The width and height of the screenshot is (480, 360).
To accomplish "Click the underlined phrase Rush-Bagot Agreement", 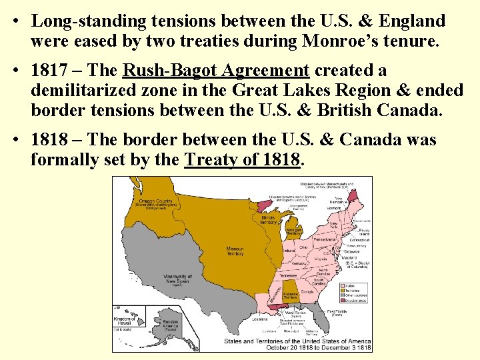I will click(216, 71).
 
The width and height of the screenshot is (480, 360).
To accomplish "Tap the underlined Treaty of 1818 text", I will click(243, 160).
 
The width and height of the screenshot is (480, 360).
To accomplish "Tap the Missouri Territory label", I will click(235, 251).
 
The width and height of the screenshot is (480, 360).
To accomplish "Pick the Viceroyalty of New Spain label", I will click(177, 278).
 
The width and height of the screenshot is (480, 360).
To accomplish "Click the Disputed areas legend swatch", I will click(344, 300).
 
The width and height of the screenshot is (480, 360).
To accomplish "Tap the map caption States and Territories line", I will click(297, 341).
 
